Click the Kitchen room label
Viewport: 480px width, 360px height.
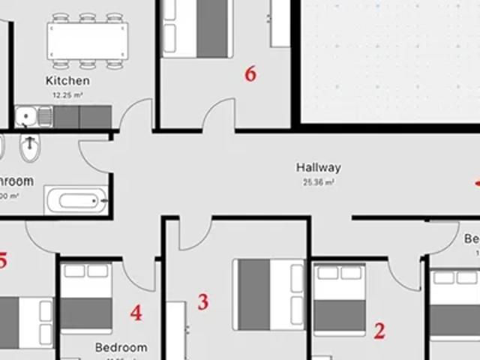coord(67,80)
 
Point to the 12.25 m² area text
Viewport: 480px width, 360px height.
coord(67,95)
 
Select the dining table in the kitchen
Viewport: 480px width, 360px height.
coord(87,39)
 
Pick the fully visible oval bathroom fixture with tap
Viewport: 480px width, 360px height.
coord(29,151)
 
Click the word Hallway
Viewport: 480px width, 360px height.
coord(318,168)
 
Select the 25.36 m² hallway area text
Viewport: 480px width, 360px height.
coord(318,181)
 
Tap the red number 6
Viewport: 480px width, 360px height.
coord(250,73)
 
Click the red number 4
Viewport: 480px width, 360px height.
coord(136,313)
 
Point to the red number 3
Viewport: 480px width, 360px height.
coord(202,302)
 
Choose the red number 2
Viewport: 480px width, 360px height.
coord(379,331)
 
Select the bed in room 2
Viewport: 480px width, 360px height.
coord(339,298)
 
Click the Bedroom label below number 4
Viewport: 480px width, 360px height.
coord(121,348)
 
